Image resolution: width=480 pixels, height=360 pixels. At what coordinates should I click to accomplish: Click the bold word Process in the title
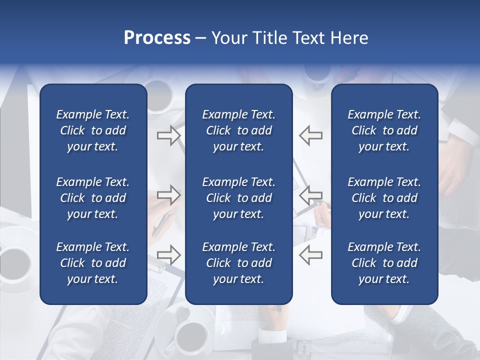pos(157,38)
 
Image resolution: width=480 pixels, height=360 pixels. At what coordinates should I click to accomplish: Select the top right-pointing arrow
pos(168,135)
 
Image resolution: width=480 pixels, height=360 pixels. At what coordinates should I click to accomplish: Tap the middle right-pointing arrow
pos(168,194)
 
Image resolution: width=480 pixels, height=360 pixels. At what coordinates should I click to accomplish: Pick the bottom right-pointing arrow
pos(168,254)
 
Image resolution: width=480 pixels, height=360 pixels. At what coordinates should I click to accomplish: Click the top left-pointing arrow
pos(310,135)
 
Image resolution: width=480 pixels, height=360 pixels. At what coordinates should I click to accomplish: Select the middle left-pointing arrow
pos(310,194)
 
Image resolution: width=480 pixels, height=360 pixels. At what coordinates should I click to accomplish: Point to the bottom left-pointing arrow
pos(310,254)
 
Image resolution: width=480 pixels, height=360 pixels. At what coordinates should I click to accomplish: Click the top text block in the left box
pos(93,130)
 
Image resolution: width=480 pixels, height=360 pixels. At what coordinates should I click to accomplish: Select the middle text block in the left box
pos(93,198)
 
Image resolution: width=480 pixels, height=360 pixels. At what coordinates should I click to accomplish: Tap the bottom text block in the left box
pos(93,263)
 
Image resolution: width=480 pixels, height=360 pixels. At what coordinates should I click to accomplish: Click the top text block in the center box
pos(238,130)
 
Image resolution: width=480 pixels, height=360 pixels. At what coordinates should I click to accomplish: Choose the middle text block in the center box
pos(238,198)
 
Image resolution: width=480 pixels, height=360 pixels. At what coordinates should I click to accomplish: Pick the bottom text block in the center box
pos(238,263)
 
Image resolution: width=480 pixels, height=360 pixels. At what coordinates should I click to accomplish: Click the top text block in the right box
pos(384,130)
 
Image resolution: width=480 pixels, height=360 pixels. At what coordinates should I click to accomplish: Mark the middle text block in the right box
pos(384,198)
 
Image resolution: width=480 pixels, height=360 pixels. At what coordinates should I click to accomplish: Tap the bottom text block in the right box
pos(384,263)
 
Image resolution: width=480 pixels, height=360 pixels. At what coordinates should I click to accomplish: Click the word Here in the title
pos(349,38)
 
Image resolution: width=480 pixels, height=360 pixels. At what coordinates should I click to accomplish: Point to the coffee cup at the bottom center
pos(193,333)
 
